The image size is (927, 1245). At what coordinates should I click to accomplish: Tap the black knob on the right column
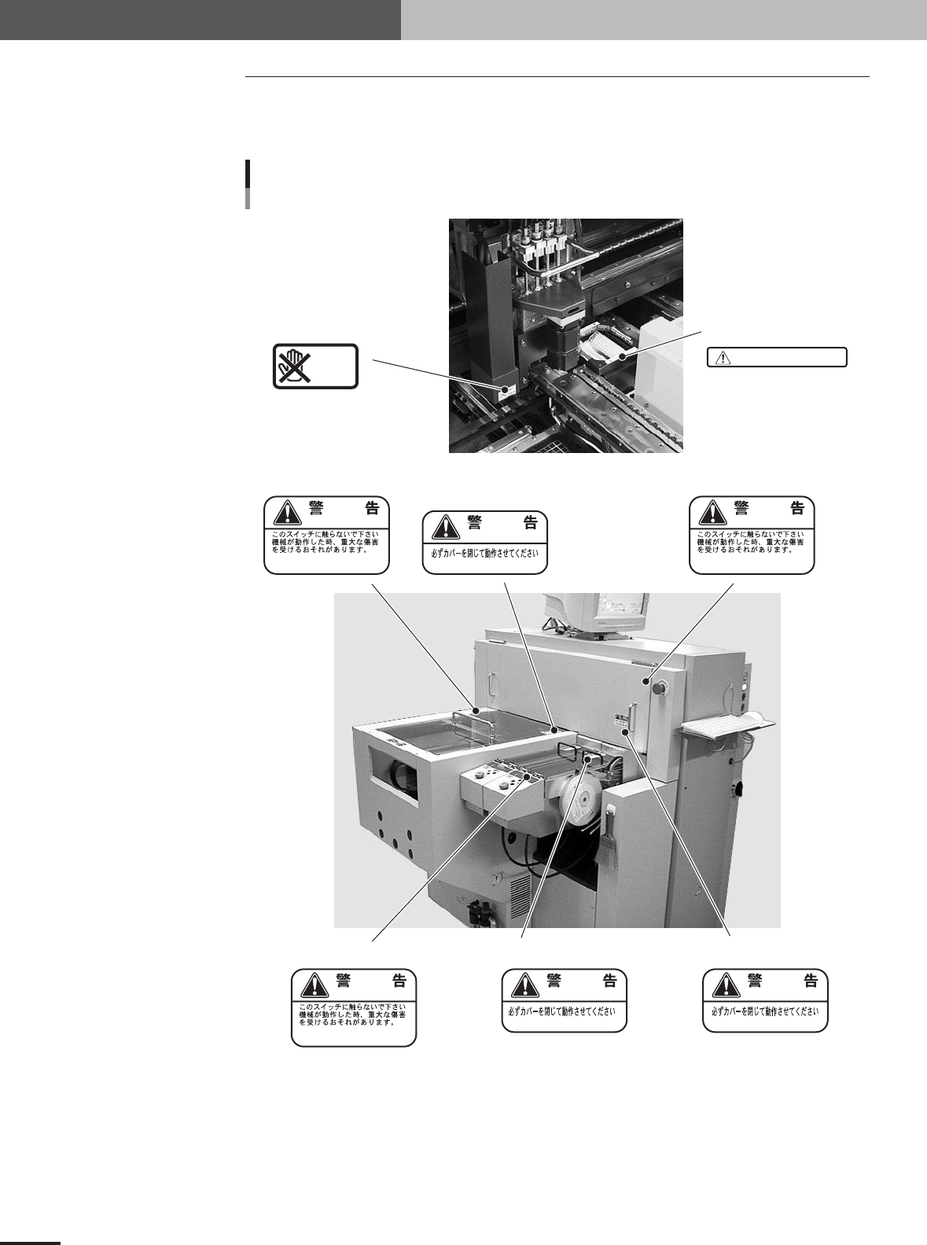coord(738,788)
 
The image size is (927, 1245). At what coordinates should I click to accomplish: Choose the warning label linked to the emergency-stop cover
coord(752,535)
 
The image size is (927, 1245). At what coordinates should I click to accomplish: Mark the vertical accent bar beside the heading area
coord(248,185)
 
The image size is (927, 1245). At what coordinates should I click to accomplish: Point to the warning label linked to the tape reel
coord(565,1000)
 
